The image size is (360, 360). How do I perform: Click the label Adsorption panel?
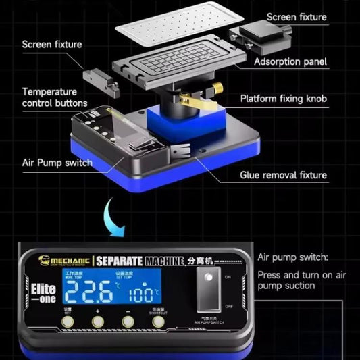290,62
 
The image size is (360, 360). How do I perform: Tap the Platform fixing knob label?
284,99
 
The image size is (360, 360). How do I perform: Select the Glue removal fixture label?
284,175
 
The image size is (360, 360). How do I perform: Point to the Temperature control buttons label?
55,97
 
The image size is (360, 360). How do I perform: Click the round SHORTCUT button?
158,322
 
